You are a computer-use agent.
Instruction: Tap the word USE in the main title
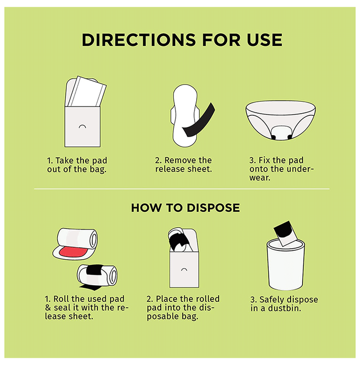tap(265, 40)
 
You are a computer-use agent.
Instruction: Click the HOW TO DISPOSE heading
tap(185, 208)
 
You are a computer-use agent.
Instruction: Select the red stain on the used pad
tap(73, 252)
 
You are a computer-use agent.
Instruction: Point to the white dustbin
tap(285, 265)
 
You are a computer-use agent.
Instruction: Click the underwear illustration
tap(280, 120)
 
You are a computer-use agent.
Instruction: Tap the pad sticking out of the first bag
tap(86, 91)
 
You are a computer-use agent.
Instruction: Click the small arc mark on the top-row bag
tap(82, 126)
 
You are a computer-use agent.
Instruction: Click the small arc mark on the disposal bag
tap(184, 270)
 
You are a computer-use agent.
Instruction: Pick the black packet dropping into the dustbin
tap(285, 233)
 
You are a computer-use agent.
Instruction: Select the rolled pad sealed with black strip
tap(98, 276)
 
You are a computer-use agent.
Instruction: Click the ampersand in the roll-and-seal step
tap(48, 308)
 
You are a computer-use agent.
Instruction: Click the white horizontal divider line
tap(182, 189)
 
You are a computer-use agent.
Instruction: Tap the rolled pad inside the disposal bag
tap(180, 240)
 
